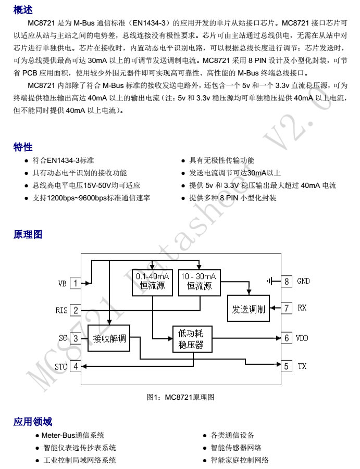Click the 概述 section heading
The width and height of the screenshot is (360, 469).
tap(23, 9)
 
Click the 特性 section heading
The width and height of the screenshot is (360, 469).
tap(23, 147)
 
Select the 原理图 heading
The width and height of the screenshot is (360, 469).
tap(28, 234)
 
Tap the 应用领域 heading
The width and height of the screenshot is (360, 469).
tap(33, 422)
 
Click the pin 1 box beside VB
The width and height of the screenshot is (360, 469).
tap(76, 283)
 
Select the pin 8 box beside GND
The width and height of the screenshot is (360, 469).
tap(287, 281)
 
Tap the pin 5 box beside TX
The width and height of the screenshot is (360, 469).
tap(287, 366)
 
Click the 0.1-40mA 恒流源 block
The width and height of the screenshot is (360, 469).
tap(152, 283)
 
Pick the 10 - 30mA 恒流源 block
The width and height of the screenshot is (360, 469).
tap(200, 283)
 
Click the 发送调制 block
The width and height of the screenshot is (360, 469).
tap(249, 308)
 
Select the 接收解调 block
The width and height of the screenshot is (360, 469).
tap(109, 338)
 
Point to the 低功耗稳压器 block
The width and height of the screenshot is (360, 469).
tap(192, 339)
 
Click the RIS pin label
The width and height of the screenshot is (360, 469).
tap(61, 310)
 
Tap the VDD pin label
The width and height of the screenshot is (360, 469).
tap(302, 338)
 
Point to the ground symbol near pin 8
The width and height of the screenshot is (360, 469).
tap(269, 281)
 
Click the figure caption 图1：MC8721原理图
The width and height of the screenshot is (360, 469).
tap(180, 397)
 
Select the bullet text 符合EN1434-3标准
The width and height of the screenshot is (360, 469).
tap(63, 160)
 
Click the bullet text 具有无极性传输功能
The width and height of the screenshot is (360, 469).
tap(222, 160)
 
